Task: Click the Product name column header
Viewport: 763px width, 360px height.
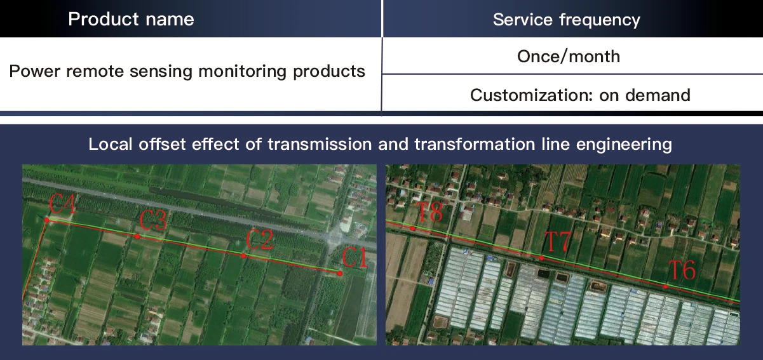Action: coord(131,19)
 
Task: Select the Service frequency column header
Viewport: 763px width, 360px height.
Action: coord(566,20)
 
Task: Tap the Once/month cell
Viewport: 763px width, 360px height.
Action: coord(568,56)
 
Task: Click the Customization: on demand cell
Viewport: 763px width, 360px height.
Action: coord(579,95)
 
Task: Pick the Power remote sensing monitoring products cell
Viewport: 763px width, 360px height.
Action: coord(187,70)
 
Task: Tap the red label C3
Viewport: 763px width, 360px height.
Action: coord(153,221)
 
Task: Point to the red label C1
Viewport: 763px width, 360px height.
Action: coord(354,258)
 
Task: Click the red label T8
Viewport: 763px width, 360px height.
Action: coord(429,212)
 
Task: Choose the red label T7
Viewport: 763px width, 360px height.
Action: coord(558,242)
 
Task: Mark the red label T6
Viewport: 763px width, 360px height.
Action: coord(682,271)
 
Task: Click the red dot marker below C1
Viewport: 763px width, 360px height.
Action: coord(340,274)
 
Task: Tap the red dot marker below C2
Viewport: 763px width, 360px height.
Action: coord(243,256)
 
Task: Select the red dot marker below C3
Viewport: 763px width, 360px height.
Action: coord(137,237)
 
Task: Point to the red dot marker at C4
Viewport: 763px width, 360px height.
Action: coord(46,220)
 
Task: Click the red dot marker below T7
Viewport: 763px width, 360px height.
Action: coord(541,258)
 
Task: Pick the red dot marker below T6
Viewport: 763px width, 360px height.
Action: coord(665,287)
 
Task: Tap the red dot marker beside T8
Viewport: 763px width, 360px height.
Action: coord(412,228)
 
